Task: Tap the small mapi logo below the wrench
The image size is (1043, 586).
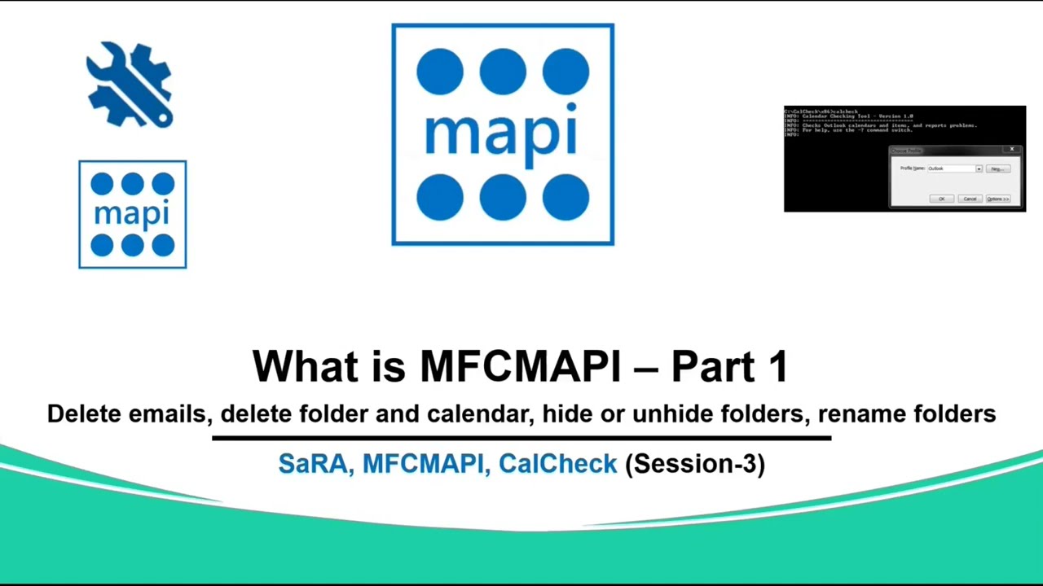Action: tap(132, 214)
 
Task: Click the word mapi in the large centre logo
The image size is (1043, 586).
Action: tap(502, 134)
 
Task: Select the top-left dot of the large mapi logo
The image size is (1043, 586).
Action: tap(439, 72)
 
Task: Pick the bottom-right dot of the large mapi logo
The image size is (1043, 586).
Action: tap(566, 198)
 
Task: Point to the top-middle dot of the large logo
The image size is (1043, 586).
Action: tap(503, 72)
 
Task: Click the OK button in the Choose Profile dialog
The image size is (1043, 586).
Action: tap(941, 199)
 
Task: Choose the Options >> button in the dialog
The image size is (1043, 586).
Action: tap(997, 199)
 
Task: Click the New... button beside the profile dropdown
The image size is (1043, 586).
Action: tap(997, 168)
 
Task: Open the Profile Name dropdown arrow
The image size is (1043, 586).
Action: tap(979, 168)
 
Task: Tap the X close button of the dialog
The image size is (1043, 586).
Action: tap(1012, 150)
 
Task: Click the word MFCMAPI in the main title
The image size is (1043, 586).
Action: tap(520, 366)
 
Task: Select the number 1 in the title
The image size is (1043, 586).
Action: tap(777, 366)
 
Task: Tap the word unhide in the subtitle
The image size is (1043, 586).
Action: tap(672, 413)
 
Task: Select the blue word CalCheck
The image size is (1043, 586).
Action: tap(557, 464)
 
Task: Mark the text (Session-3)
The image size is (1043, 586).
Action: tap(694, 464)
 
